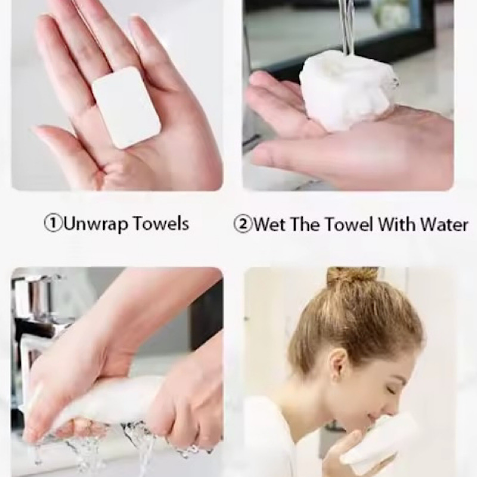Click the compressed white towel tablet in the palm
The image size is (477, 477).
(126, 107)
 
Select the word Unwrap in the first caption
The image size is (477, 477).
(94, 224)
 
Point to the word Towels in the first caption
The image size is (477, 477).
(162, 223)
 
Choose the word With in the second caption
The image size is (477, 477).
(396, 225)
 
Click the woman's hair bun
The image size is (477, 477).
(352, 276)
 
